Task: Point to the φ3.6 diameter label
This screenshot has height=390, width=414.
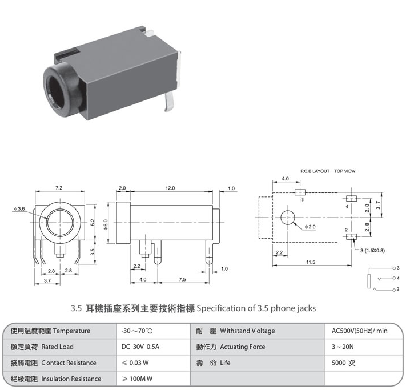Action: [19, 209]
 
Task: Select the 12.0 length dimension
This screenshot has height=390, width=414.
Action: [170, 188]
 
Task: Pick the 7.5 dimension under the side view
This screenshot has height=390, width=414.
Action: [182, 279]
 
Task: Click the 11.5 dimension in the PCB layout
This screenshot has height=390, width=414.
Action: [310, 262]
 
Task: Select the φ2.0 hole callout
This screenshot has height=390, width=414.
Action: [309, 227]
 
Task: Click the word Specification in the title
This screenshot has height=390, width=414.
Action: [218, 308]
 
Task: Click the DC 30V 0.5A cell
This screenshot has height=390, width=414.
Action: [140, 347]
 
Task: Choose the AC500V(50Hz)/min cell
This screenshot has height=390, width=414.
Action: [360, 331]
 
